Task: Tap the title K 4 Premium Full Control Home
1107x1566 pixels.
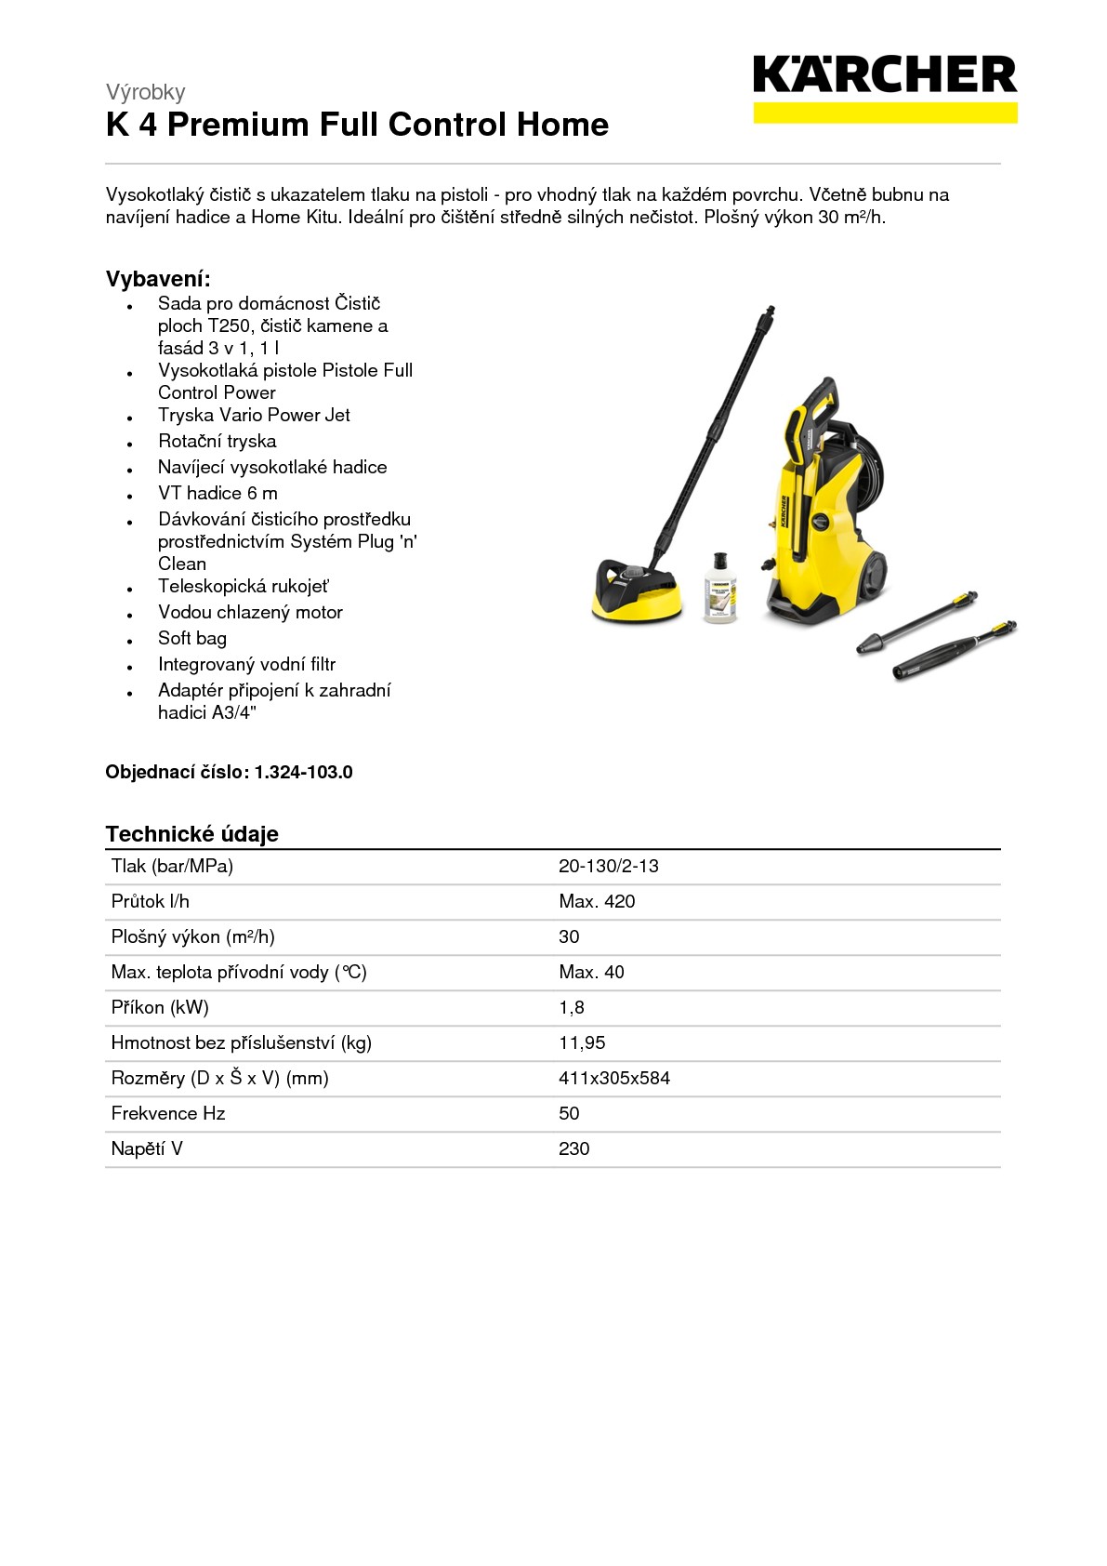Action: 357,125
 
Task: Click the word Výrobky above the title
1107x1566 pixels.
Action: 145,92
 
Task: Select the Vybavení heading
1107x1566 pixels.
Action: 158,279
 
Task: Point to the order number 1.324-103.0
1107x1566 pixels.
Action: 303,772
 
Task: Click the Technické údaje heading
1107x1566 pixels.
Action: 191,833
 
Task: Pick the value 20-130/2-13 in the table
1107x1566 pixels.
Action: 608,866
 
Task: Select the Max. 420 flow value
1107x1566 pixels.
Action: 597,901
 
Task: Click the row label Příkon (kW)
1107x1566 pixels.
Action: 160,1007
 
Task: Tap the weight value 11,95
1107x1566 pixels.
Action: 582,1042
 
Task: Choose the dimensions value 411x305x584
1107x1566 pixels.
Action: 613,1078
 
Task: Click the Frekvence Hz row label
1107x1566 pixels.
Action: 168,1113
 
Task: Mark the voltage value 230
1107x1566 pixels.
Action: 573,1148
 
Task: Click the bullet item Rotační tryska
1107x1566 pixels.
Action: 217,441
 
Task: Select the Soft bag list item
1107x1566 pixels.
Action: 191,638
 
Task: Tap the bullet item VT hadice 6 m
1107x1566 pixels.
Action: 217,493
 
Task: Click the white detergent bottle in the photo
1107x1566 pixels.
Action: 719,589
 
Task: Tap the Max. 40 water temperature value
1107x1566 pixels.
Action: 591,972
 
